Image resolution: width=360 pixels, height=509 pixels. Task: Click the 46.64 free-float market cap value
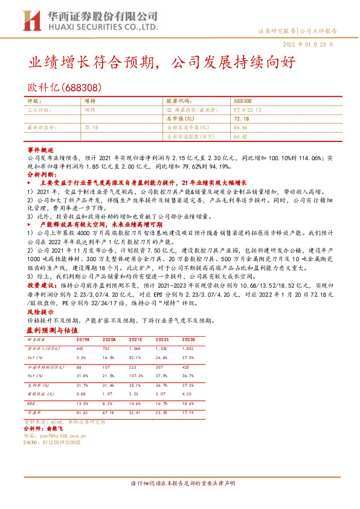pos(240,128)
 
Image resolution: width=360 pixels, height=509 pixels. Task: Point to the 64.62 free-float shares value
pos(240,137)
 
